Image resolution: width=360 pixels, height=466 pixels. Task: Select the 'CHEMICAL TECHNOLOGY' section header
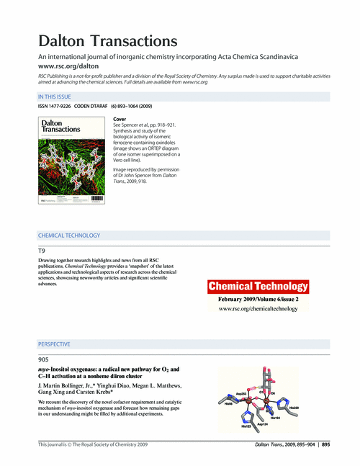69,236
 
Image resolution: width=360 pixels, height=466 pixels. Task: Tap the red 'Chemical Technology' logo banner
257,287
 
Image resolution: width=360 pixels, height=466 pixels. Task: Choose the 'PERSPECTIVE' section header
54,344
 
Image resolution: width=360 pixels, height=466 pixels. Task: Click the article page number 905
43,359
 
